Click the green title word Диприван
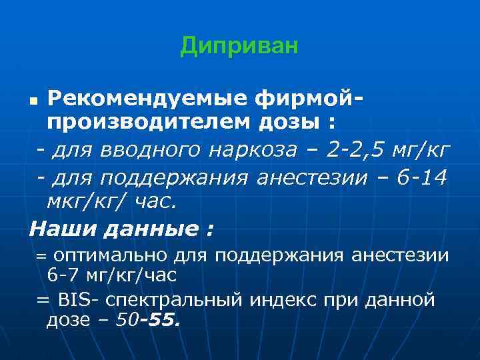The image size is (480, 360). click(239, 46)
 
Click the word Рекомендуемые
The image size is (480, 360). click(147, 100)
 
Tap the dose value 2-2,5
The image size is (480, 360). click(355, 151)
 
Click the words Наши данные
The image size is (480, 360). click(121, 230)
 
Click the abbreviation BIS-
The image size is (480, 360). click(79, 299)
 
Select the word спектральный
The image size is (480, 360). click(175, 300)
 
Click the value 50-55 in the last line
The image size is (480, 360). click(147, 321)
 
